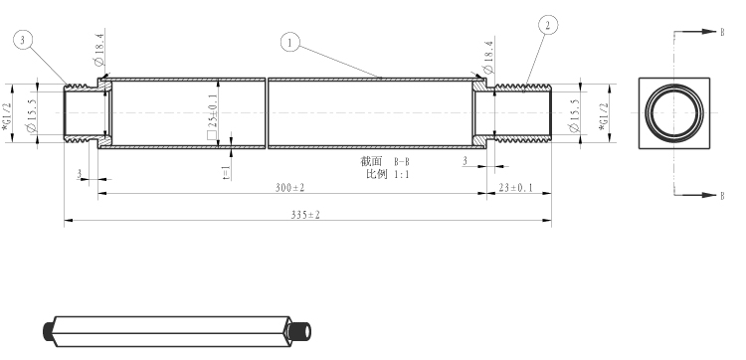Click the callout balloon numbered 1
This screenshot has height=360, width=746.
coord(290,43)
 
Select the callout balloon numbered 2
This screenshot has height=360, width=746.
coord(548,25)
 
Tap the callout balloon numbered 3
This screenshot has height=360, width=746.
coord(22,40)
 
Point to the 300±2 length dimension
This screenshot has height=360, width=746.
coord(289,187)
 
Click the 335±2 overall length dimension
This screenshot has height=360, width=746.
coord(305,215)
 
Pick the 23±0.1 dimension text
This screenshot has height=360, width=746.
coord(515,187)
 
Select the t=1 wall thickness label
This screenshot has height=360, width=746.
coord(227,172)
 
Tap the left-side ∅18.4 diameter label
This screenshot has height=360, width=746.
coord(98,49)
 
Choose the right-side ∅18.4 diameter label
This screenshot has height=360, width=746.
coord(488,57)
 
